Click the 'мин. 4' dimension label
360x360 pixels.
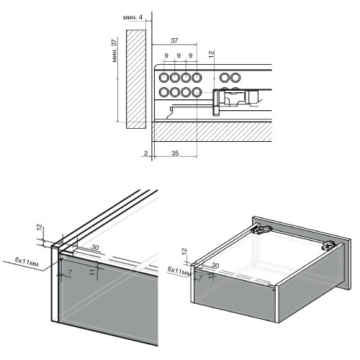tap(132, 17)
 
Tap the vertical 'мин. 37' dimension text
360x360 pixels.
tap(115, 50)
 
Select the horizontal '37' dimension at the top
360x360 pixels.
tap(174, 40)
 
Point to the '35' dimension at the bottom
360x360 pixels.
tap(175, 153)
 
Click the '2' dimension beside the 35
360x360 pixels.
tap(146, 153)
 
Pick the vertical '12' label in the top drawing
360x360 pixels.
tap(212, 54)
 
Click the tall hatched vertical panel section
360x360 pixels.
tap(135, 79)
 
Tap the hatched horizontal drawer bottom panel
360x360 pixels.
tap(212, 132)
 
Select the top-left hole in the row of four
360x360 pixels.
tap(164, 78)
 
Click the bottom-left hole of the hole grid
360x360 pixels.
tap(164, 92)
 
